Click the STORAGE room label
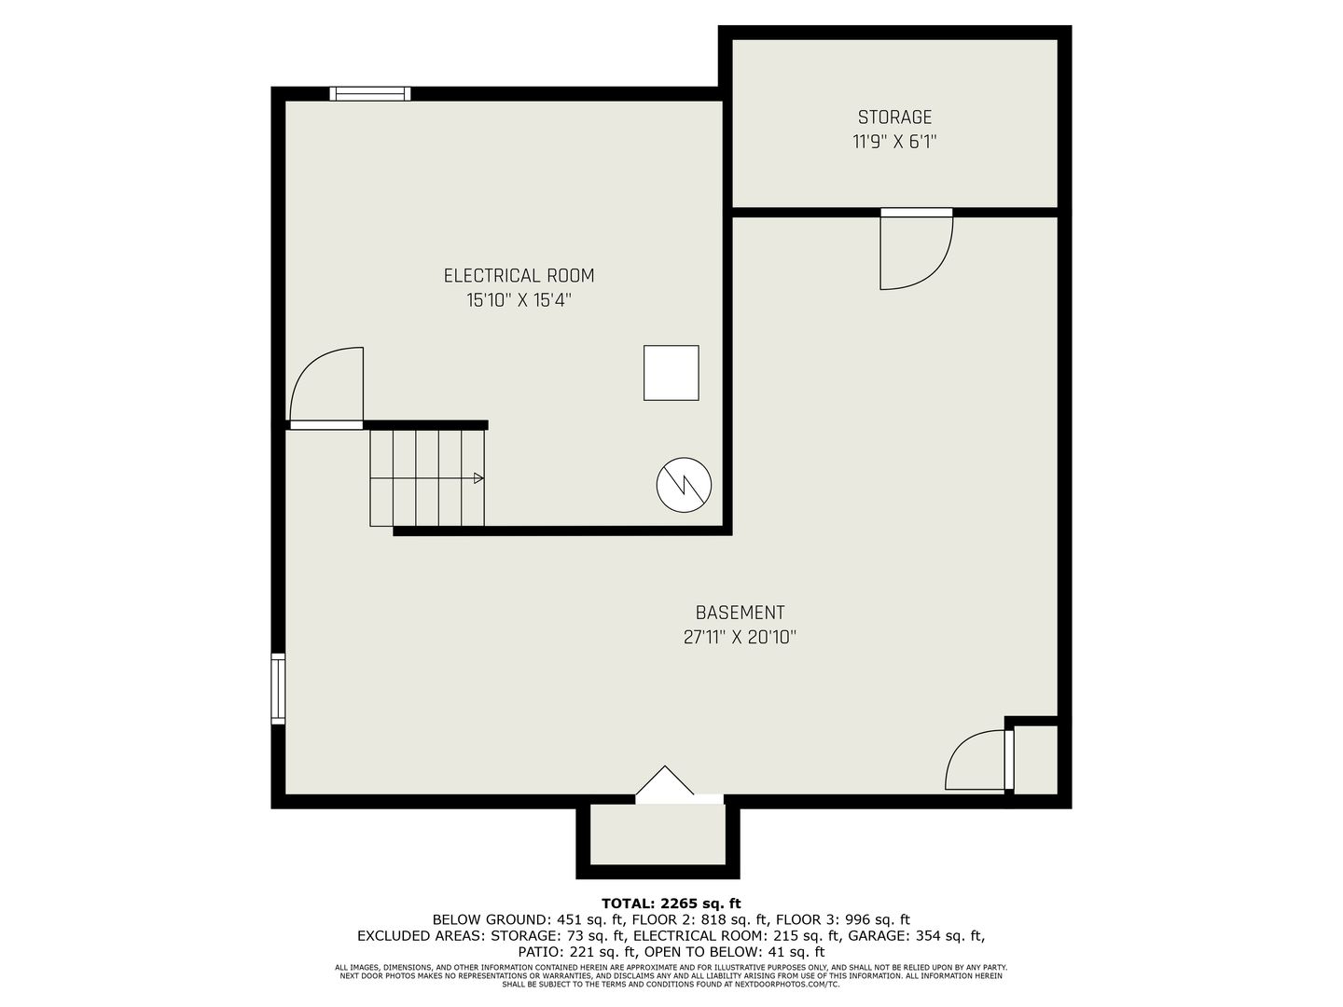[x=893, y=117]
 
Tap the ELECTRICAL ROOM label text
[x=519, y=276]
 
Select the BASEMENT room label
[x=740, y=612]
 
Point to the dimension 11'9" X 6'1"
[x=894, y=142]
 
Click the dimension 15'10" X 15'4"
[x=519, y=300]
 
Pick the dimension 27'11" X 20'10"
[x=740, y=637]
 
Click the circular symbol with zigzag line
[x=684, y=485]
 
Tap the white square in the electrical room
[x=671, y=373]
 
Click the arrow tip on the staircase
[x=483, y=478]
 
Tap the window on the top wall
[x=369, y=93]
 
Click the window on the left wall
[x=278, y=688]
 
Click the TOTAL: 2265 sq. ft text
[x=671, y=904]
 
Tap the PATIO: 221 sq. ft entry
[x=575, y=951]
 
